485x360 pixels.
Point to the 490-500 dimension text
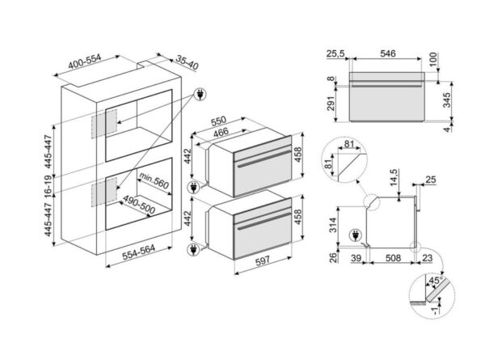[139, 201]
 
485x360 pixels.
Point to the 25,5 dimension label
[336, 53]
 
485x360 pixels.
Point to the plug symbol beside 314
[354, 236]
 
